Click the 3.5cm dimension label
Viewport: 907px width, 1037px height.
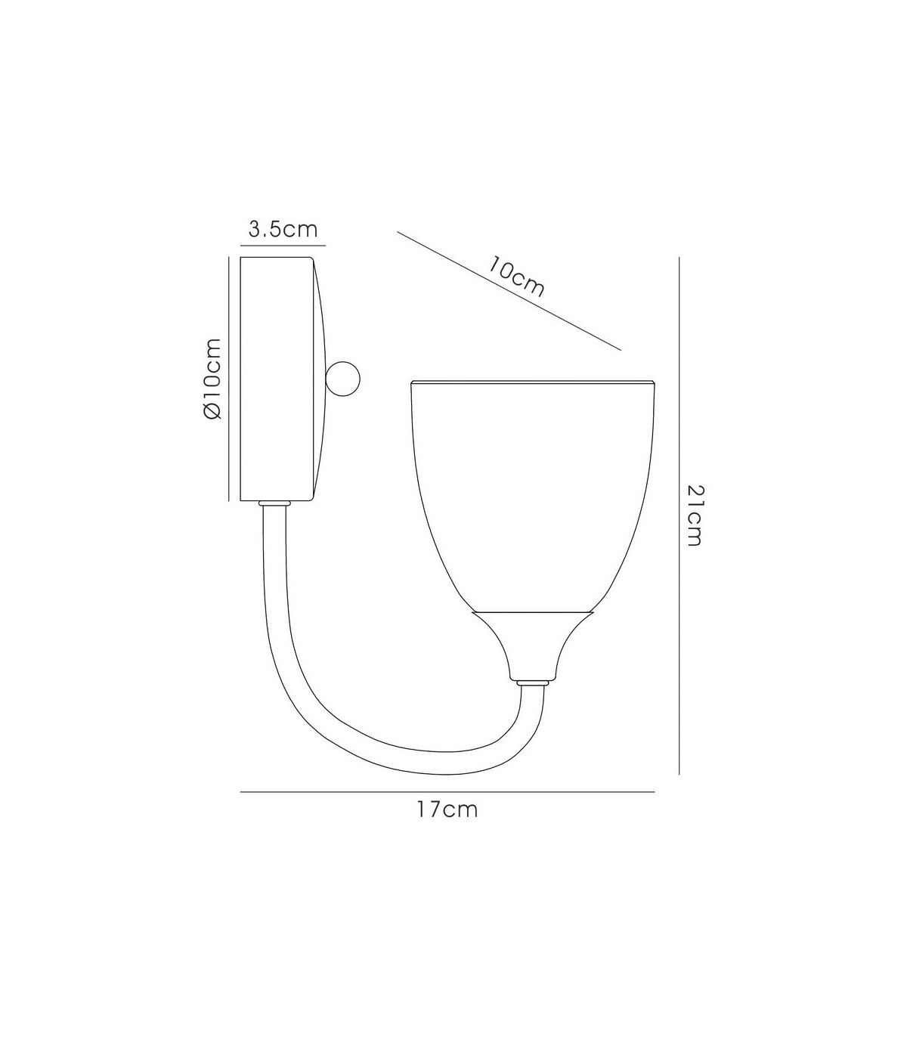[283, 229]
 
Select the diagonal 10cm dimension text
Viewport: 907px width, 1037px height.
[515, 277]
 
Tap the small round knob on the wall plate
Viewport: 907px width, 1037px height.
[342, 379]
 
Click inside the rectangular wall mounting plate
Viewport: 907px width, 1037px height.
[276, 379]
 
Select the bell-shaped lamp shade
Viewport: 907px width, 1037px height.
[533, 497]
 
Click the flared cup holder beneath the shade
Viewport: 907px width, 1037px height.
[533, 645]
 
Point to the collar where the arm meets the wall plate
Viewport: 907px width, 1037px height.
[274, 504]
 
